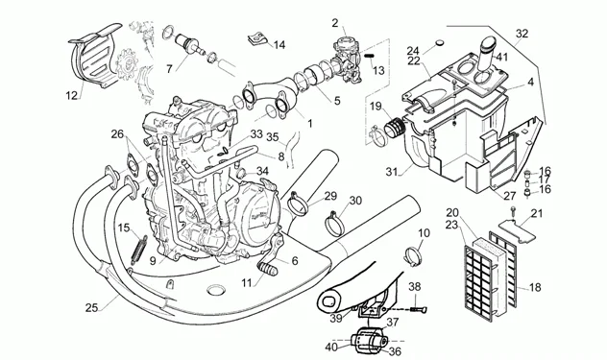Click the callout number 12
tap(72, 95)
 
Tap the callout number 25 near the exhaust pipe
tap(92, 308)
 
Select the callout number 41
tap(502, 57)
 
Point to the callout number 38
tap(415, 287)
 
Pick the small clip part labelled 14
tap(254, 39)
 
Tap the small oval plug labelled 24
tap(441, 42)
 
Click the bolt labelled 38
tap(417, 309)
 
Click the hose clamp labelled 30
tap(334, 224)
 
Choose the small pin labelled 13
tap(369, 56)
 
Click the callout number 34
tap(262, 171)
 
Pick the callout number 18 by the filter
tap(535, 288)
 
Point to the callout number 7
tap(169, 69)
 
